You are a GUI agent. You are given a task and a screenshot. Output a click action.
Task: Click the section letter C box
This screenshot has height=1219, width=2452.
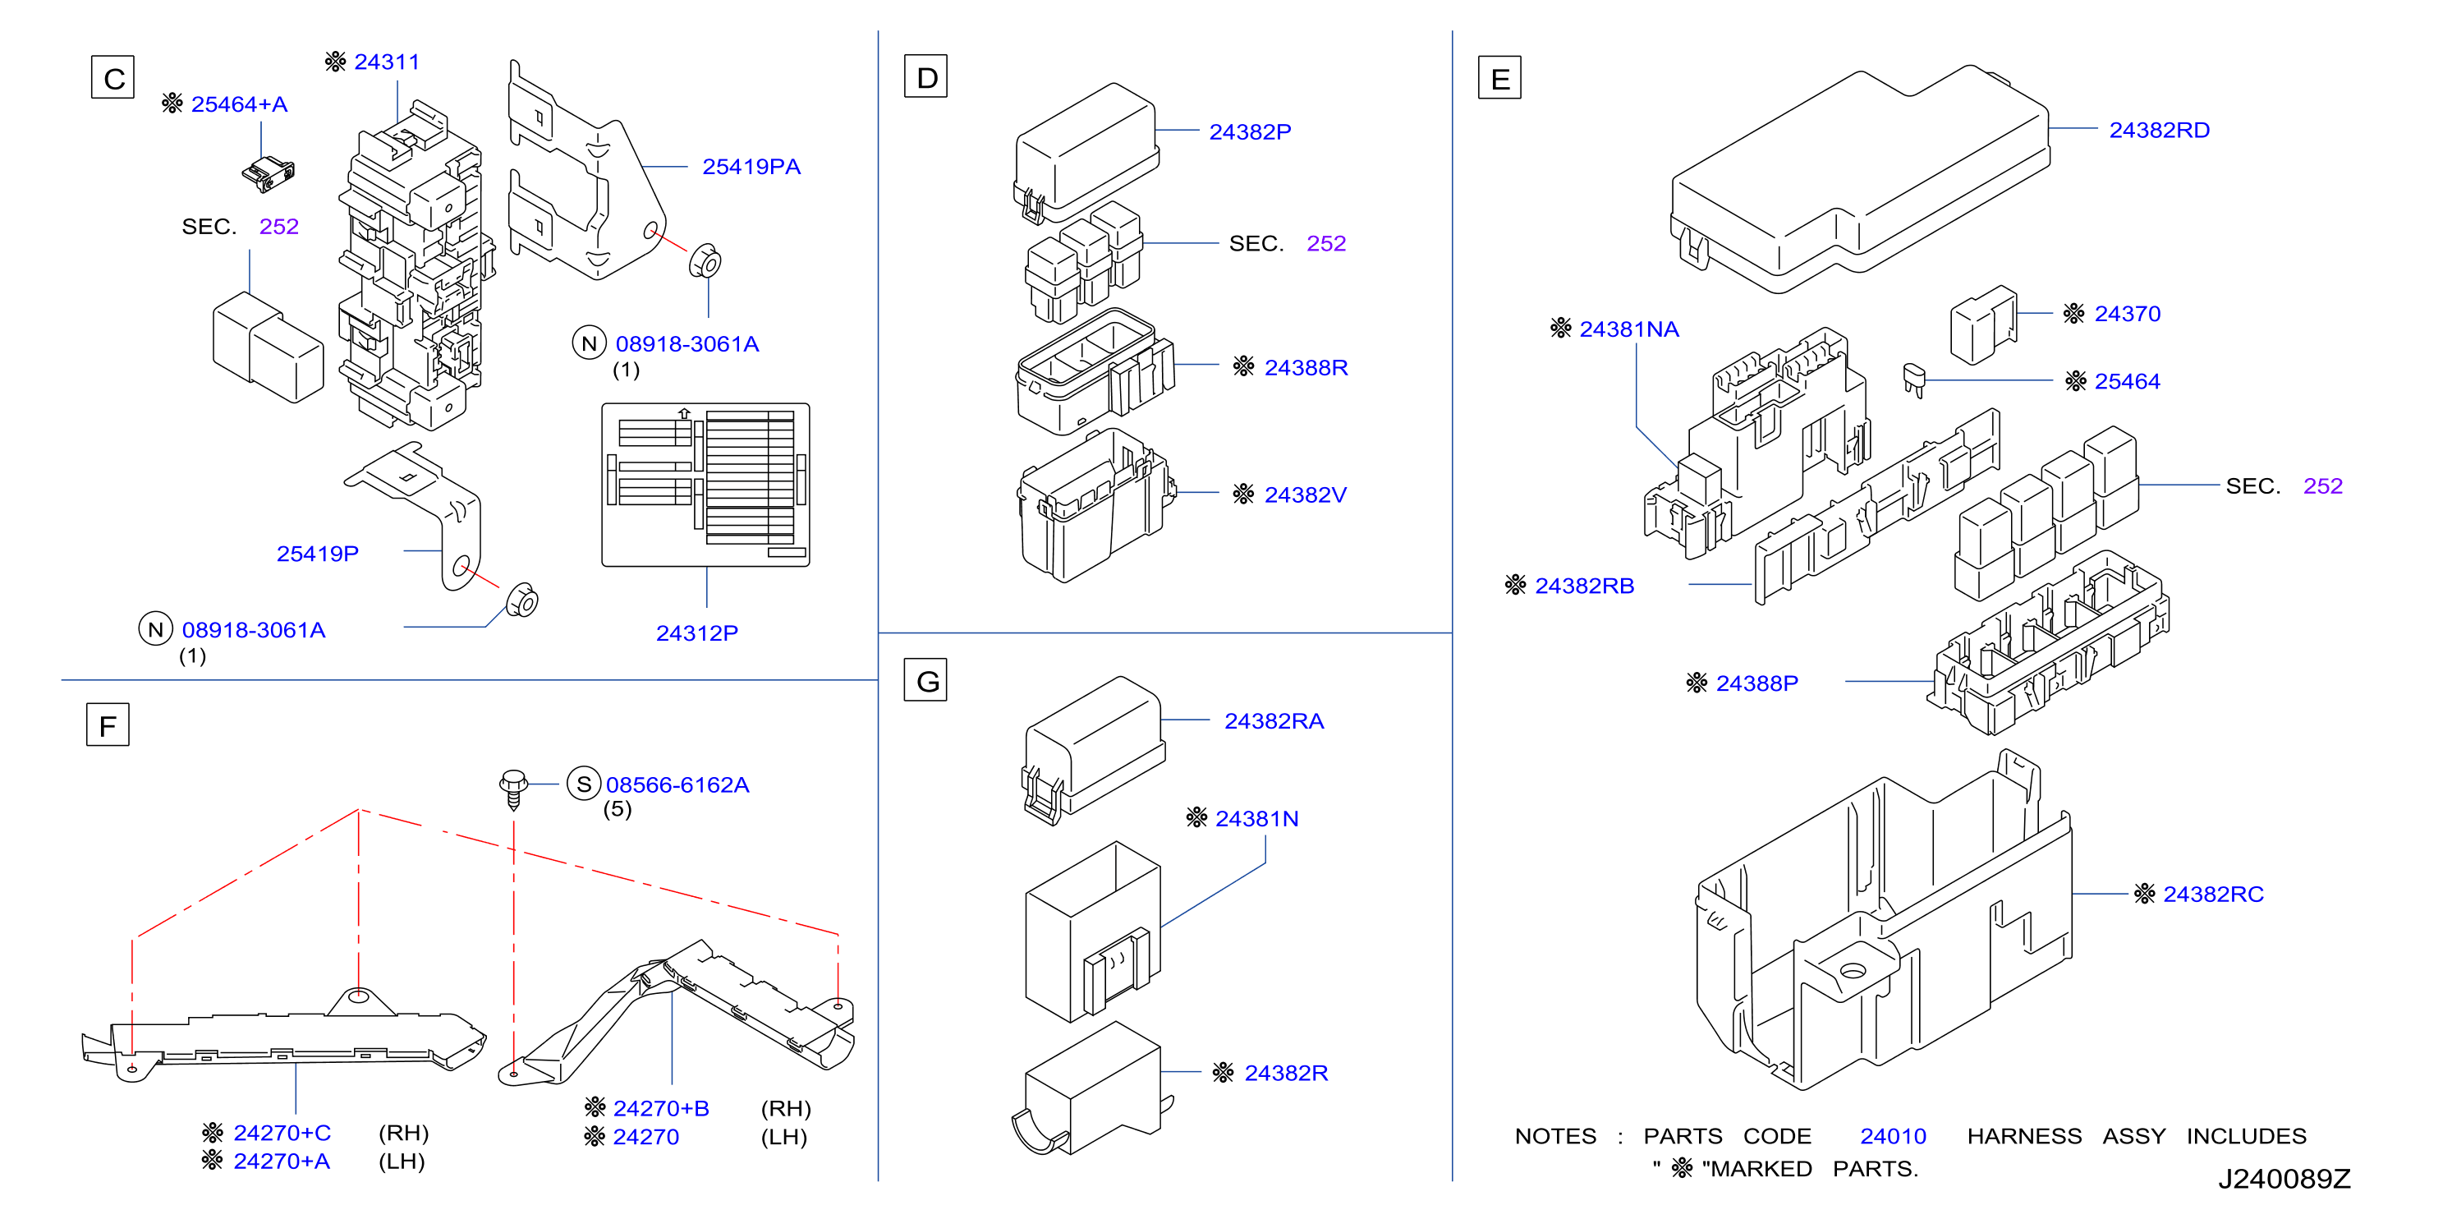(112, 77)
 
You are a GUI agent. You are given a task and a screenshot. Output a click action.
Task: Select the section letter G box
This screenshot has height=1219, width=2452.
(925, 680)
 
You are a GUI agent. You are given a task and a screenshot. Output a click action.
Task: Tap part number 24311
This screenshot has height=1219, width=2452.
(387, 62)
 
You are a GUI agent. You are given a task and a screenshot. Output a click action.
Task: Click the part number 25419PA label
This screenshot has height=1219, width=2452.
(751, 167)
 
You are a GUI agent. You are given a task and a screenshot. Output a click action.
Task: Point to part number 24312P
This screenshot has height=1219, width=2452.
(697, 633)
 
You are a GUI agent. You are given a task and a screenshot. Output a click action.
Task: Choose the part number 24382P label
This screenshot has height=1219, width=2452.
(1250, 132)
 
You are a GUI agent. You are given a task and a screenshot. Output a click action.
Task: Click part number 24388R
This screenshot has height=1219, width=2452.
(1306, 368)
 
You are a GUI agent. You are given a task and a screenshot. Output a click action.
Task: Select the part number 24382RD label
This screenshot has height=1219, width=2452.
(2159, 131)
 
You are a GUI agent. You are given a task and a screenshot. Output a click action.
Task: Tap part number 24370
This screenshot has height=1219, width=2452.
(2128, 315)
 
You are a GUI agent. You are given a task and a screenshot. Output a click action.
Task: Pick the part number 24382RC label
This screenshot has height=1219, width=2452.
(2213, 895)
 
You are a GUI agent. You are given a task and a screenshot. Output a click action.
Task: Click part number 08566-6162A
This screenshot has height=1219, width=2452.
(677, 784)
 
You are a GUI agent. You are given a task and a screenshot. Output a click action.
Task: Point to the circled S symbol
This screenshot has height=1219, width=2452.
(584, 784)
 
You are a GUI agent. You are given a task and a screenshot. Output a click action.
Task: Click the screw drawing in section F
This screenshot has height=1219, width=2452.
(513, 789)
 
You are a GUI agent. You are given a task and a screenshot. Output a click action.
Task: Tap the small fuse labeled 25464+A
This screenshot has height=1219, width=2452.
(269, 173)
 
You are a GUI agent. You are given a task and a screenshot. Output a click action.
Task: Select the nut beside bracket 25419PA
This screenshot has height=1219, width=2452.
(705, 261)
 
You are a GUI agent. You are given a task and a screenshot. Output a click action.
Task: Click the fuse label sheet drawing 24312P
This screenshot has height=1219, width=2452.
(705, 485)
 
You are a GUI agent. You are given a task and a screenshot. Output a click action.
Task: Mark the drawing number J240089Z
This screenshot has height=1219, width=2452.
(2284, 1179)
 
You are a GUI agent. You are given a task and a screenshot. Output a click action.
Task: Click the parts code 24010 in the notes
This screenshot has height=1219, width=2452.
(1894, 1136)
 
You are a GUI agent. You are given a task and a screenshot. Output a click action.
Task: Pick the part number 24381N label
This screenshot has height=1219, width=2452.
(1256, 819)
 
